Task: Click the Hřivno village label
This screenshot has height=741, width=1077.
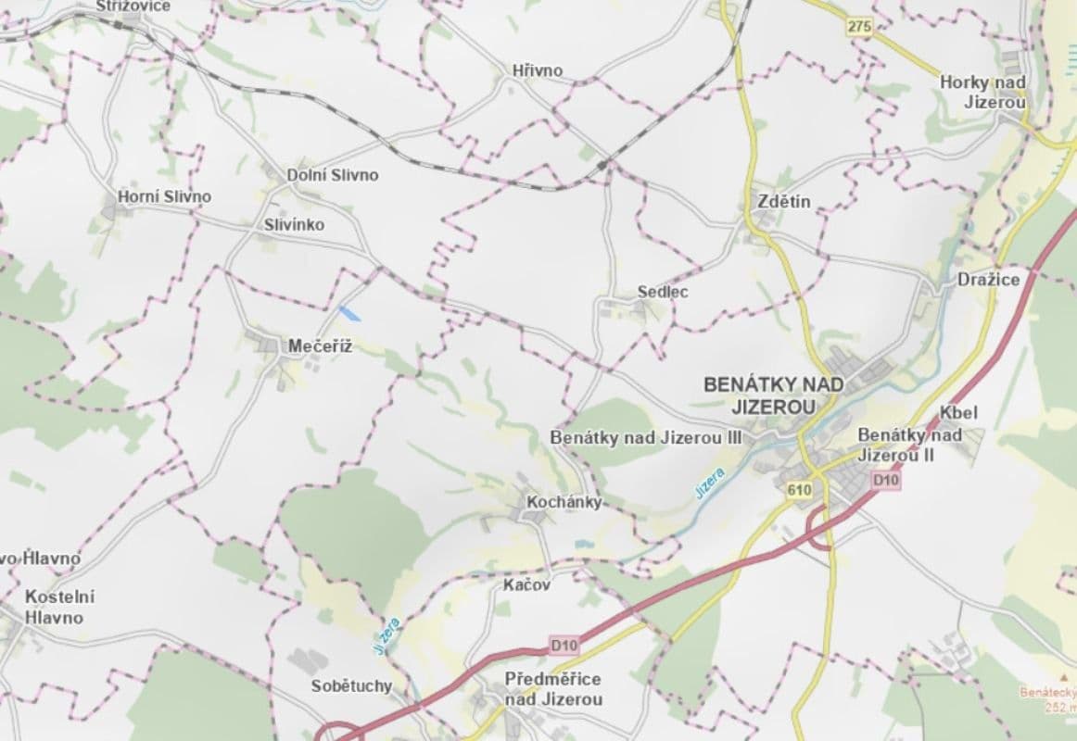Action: pyautogui.click(x=537, y=70)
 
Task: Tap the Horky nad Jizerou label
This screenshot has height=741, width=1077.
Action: pyautogui.click(x=982, y=92)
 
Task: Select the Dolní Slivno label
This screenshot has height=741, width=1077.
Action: pyautogui.click(x=333, y=174)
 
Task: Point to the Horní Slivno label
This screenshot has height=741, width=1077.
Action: pyautogui.click(x=164, y=196)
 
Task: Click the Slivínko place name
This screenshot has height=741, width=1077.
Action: pyautogui.click(x=294, y=224)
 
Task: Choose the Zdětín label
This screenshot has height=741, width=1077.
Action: pyautogui.click(x=783, y=201)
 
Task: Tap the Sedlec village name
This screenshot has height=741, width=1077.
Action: pyautogui.click(x=663, y=292)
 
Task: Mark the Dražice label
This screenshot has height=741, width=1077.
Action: pyautogui.click(x=988, y=279)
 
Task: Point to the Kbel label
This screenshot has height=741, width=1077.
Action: pyautogui.click(x=958, y=412)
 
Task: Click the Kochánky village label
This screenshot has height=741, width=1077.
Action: pyautogui.click(x=564, y=502)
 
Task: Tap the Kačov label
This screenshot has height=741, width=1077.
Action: pyautogui.click(x=527, y=584)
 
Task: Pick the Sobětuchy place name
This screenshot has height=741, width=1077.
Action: pyautogui.click(x=351, y=686)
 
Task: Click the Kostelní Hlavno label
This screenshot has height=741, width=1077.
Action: pyautogui.click(x=60, y=607)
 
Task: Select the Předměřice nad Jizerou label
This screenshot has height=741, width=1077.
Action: pyautogui.click(x=553, y=689)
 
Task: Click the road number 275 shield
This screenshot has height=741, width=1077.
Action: pyautogui.click(x=859, y=27)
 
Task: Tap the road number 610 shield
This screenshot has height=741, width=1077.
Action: pyautogui.click(x=796, y=490)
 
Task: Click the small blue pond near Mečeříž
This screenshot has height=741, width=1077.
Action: pyautogui.click(x=349, y=313)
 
